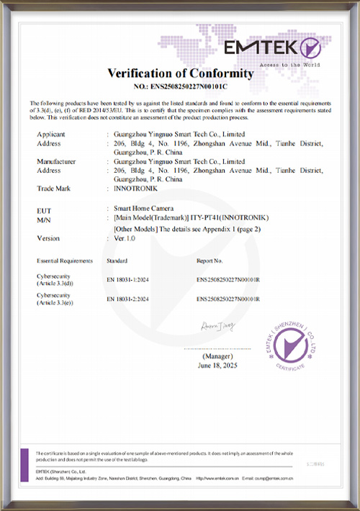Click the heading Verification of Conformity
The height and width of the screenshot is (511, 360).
point(180,73)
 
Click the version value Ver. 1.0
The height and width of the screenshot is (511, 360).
point(126,238)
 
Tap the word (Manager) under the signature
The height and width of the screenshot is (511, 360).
point(217,356)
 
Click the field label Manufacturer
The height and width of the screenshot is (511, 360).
point(55,161)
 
